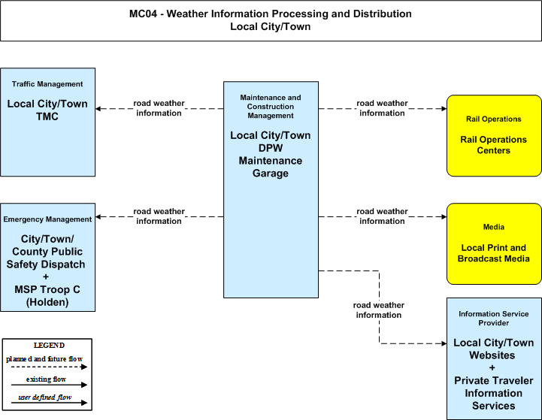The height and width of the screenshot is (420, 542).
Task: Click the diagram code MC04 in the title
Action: click(143, 14)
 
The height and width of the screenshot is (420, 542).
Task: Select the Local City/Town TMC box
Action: click(47, 122)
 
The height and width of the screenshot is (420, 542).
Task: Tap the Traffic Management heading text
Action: click(47, 84)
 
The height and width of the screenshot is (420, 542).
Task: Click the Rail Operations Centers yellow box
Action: click(494, 136)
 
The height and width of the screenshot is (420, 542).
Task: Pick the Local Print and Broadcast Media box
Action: click(494, 244)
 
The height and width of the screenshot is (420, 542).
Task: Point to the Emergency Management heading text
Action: click(47, 219)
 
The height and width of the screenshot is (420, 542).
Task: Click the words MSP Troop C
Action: click(47, 289)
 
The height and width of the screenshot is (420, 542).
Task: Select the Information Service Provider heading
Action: click(494, 319)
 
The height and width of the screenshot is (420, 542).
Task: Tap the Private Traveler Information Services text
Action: click(494, 393)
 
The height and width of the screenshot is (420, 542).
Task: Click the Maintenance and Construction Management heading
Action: click(271, 107)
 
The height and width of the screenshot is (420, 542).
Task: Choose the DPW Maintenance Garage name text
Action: click(271, 161)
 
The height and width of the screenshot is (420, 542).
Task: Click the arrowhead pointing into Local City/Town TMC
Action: click(98, 109)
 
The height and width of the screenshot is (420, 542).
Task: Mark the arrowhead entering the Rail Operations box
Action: click(444, 109)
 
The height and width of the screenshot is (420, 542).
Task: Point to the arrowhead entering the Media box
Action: click(444, 217)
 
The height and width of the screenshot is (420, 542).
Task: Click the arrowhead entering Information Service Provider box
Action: click(444, 343)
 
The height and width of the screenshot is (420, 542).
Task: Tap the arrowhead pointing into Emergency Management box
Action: click(98, 217)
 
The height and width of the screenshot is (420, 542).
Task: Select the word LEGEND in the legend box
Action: click(49, 346)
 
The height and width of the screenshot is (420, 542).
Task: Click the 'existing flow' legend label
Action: click(46, 379)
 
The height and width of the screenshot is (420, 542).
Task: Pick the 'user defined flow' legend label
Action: click(45, 397)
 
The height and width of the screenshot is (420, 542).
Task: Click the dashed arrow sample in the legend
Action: click(49, 367)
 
